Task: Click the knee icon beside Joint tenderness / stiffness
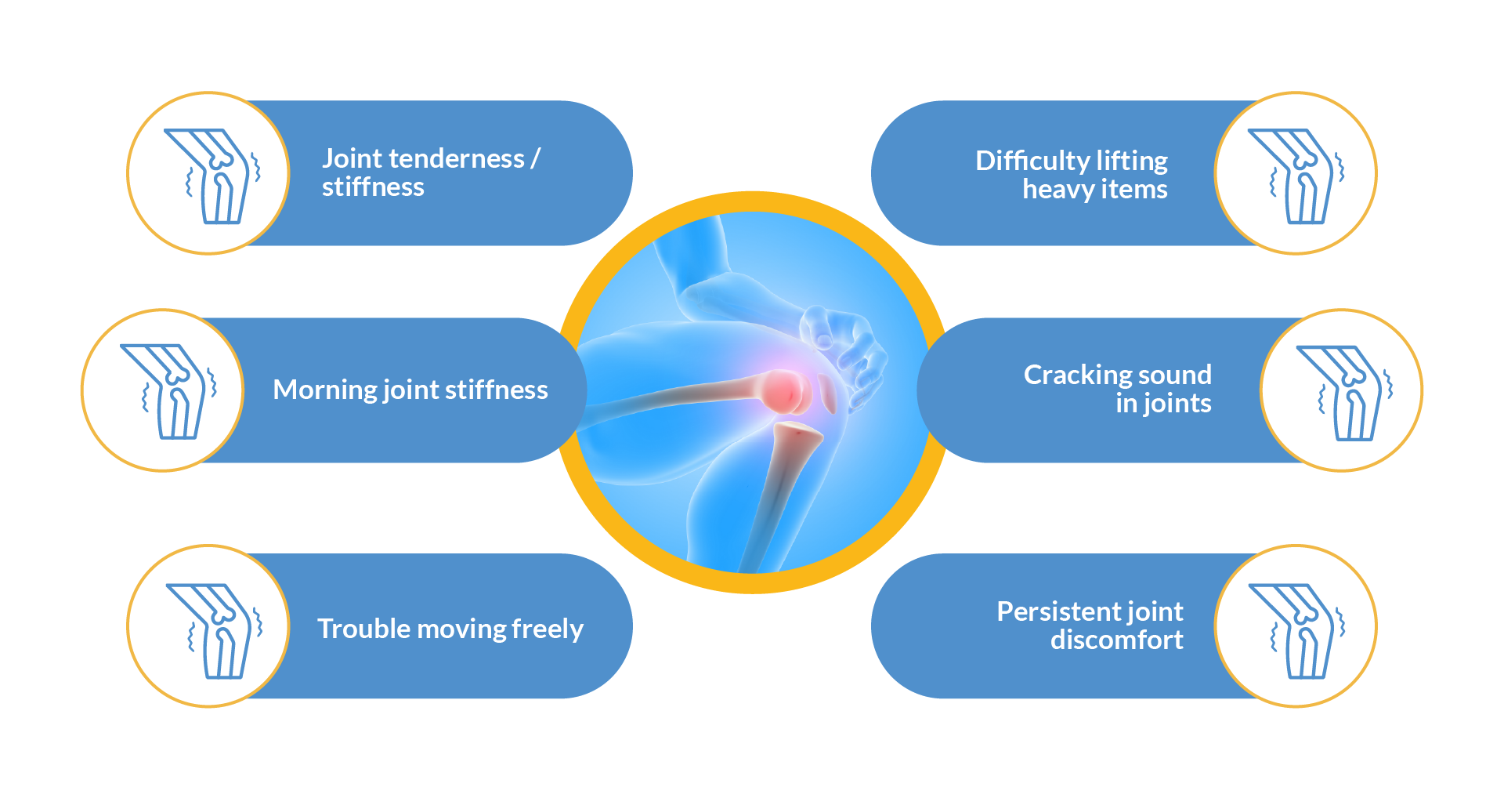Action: (211, 176)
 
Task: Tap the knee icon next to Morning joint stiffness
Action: (168, 391)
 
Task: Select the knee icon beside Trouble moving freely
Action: (214, 630)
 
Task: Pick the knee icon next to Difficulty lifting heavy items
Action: (1296, 176)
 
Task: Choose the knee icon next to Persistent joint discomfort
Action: (1296, 630)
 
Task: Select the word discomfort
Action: (1117, 640)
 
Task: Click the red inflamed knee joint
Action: (786, 392)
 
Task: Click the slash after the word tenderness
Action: (536, 159)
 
